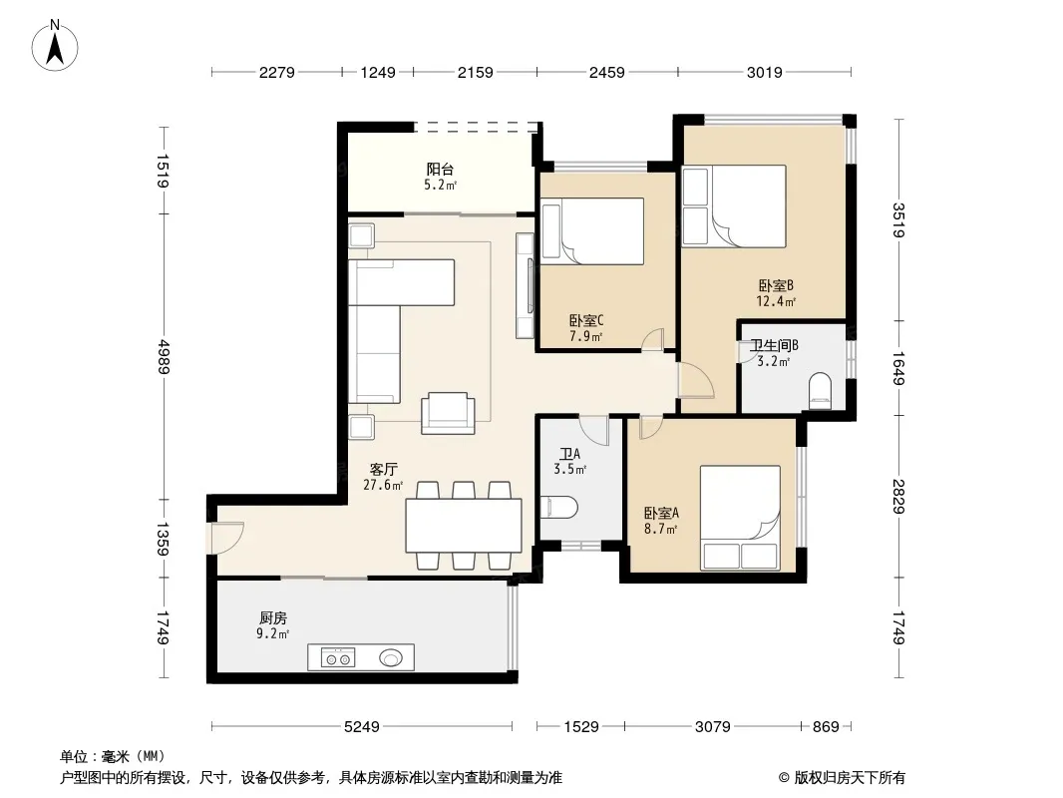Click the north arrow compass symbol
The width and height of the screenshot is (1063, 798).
tap(55, 46)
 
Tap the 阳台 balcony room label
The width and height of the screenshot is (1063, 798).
tap(440, 170)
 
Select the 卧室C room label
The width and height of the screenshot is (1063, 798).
tap(586, 320)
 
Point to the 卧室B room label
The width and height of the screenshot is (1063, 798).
tap(776, 286)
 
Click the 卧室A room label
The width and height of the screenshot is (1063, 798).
tap(661, 514)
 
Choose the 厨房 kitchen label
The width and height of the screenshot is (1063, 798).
tap(273, 618)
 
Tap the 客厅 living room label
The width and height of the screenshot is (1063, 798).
tap(384, 469)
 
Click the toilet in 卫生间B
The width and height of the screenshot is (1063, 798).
tap(821, 391)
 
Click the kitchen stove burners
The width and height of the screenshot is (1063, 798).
tap(338, 657)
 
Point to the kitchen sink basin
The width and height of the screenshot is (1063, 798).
tap(391, 657)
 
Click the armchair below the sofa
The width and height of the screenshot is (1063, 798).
tap(448, 413)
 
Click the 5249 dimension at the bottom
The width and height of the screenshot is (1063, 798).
tap(362, 727)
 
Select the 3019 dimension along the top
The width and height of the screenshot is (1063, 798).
tap(765, 73)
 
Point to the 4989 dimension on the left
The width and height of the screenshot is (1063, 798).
tap(163, 357)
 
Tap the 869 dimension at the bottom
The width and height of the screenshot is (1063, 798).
tap(826, 727)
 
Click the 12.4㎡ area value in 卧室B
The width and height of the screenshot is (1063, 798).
tap(776, 301)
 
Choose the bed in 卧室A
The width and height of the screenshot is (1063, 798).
tap(740, 518)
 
